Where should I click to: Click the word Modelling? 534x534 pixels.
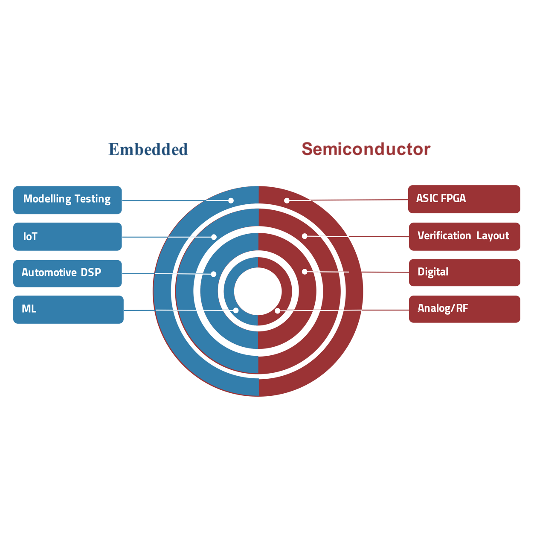(47, 199)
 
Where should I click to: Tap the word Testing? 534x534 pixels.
(93, 199)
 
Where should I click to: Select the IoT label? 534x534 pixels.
(30, 236)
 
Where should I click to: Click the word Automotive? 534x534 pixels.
(49, 272)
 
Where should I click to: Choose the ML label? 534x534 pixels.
(29, 308)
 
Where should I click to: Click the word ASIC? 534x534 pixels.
(427, 198)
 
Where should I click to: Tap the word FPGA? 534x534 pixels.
(453, 198)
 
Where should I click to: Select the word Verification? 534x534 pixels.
(444, 235)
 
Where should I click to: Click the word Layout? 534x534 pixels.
(493, 236)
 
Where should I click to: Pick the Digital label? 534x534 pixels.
(433, 272)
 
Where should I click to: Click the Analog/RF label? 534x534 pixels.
(443, 308)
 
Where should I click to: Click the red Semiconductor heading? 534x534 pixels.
(366, 149)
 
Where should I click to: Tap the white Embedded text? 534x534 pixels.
(173, 158)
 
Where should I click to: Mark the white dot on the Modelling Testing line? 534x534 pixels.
(231, 200)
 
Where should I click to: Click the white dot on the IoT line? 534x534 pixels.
(214, 237)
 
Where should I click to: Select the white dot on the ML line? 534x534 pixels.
(236, 311)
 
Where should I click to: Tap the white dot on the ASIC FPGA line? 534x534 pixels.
(287, 200)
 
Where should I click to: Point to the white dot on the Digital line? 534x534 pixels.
(305, 272)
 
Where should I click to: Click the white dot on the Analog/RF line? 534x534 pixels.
(278, 311)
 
